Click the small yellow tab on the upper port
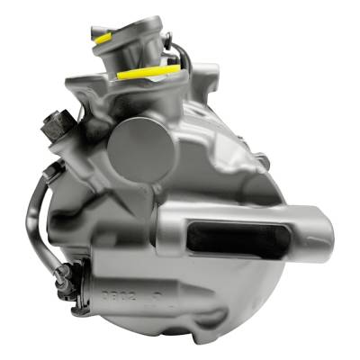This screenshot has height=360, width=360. coord(101,39)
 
